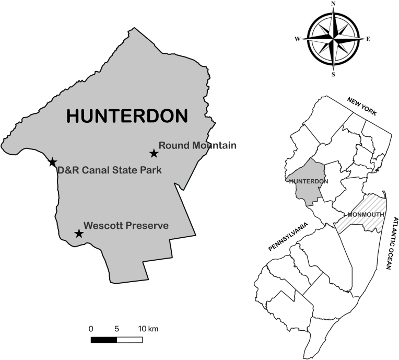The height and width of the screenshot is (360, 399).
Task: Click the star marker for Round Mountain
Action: (154, 153)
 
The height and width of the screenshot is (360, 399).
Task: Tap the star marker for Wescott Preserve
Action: (79, 234)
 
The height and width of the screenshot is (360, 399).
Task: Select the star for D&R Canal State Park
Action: (52, 162)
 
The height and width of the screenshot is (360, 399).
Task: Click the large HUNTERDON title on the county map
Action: (127, 116)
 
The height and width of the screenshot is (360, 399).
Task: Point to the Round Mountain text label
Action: (197, 145)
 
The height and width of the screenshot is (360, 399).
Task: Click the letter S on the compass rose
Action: (333, 75)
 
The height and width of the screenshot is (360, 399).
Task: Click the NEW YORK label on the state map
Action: (359, 107)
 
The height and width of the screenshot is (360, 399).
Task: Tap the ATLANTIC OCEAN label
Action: (390, 242)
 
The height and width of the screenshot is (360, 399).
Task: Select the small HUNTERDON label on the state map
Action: (308, 181)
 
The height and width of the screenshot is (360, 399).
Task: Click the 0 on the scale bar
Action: (91, 329)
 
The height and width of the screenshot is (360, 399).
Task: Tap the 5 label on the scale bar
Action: (116, 329)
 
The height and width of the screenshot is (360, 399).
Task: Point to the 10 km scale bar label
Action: (148, 329)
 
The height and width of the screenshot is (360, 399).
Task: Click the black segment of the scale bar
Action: (103, 340)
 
